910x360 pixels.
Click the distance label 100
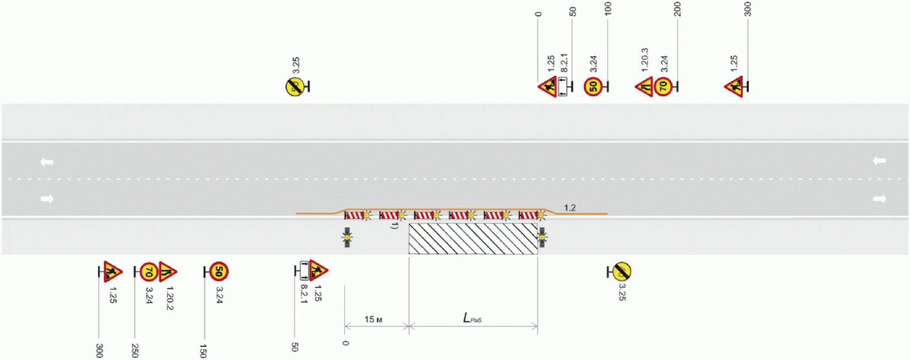(x=608, y=9)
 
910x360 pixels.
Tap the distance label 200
(x=677, y=9)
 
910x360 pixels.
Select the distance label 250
(x=135, y=350)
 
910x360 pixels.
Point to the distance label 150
(x=203, y=351)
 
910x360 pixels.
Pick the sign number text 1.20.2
(x=169, y=298)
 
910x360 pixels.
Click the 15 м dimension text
(x=373, y=319)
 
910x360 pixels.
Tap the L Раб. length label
(x=472, y=318)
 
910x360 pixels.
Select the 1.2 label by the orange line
(x=569, y=208)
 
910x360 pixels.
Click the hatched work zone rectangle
(x=473, y=238)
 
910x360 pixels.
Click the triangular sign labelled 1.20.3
(x=644, y=86)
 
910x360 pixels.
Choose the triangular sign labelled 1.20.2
(x=167, y=271)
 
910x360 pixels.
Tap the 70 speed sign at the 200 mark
(x=663, y=86)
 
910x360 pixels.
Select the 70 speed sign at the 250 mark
(x=148, y=271)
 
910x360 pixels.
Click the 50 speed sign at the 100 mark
(x=593, y=86)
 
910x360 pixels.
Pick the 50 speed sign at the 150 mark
(x=218, y=271)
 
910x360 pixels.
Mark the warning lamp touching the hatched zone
(x=542, y=237)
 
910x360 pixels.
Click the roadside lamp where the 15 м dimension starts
(x=347, y=237)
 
